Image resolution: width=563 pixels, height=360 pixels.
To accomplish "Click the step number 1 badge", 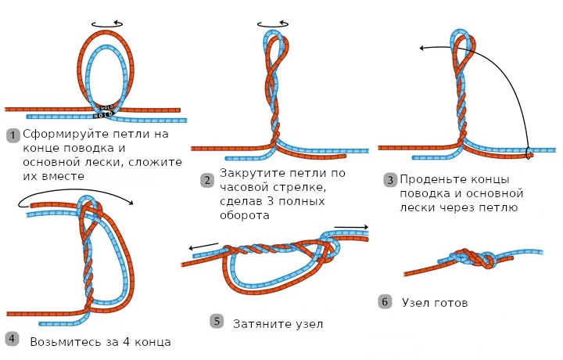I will pos(13,135).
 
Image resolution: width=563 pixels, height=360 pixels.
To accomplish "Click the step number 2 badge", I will pos(207,180).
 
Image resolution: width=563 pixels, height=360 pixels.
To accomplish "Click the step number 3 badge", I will pos(390,180).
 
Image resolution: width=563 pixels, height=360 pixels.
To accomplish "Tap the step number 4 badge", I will pos(12,339).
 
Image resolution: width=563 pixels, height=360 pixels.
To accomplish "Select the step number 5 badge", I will pos(217,322).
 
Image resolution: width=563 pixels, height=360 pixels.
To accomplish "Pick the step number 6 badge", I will pos(384,301).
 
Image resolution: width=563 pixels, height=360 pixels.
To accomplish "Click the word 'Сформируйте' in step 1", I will pos(60,134).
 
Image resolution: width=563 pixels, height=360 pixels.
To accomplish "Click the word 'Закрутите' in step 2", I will pos(250,172).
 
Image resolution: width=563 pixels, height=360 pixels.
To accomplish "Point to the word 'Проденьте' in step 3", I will pos(432,179).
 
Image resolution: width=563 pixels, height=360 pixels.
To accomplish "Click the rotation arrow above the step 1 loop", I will pos(108,23).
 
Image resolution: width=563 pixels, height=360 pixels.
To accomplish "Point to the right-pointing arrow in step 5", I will pos(350,227).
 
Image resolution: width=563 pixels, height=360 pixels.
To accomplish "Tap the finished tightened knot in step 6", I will pos(472,259).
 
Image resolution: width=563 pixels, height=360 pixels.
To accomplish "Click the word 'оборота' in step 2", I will pos(246,214).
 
